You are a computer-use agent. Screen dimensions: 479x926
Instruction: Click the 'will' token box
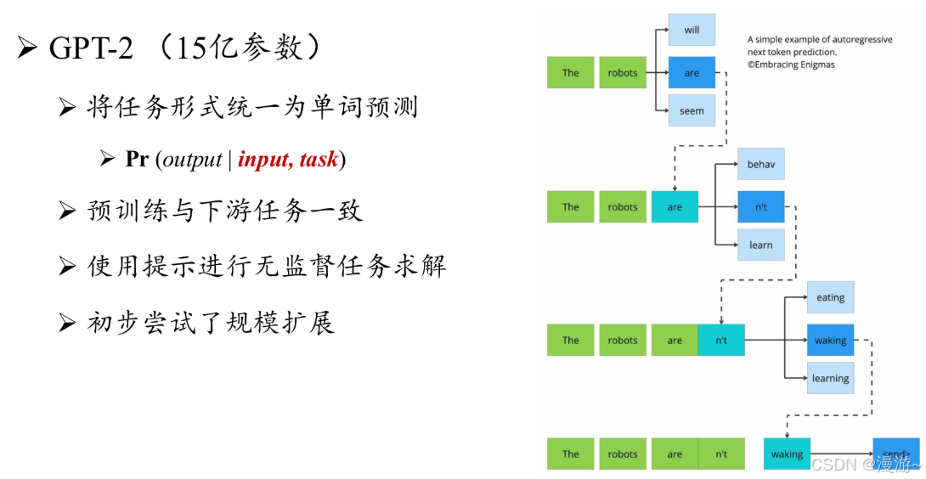692,30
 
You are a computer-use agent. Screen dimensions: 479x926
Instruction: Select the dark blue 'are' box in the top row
692,73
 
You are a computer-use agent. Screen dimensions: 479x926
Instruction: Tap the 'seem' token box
692,111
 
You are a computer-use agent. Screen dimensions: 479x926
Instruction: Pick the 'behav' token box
760,164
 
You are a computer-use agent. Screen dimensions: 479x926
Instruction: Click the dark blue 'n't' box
760,206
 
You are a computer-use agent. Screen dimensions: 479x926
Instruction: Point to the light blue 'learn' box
760,245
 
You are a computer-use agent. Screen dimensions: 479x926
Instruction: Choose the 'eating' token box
830,297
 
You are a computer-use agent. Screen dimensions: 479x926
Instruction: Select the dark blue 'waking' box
830,341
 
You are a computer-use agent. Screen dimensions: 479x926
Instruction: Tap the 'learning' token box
830,379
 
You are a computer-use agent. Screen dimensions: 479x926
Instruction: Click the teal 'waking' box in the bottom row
787,454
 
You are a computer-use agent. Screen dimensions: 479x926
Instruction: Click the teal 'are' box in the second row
675,206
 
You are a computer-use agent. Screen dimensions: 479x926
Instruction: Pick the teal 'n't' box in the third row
720,341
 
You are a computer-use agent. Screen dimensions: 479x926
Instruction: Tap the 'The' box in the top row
570,73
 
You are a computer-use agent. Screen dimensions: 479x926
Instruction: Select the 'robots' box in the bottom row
623,454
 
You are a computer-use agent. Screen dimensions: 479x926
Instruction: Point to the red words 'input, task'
288,159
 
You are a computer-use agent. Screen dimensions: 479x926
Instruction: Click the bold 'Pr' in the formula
137,159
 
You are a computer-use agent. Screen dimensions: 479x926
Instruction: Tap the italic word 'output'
192,160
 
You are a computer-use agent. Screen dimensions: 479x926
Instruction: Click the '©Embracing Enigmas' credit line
791,65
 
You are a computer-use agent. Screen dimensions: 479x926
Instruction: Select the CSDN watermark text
865,464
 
